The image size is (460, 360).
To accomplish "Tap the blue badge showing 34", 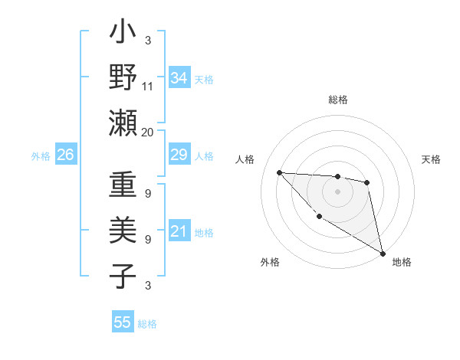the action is tap(179, 77).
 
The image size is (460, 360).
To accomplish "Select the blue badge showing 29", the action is tap(179, 155).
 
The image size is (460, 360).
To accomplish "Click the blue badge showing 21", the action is tap(179, 231).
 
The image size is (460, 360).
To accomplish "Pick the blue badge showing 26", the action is tap(65, 155).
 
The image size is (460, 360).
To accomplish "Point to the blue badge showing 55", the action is tap(123, 322).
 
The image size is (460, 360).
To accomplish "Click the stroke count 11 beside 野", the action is tap(148, 87).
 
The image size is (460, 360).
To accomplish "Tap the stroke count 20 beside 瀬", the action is tap(148, 132).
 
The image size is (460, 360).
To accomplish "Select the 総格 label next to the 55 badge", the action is tap(147, 323).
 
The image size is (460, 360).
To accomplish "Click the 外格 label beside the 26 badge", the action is tap(41, 155).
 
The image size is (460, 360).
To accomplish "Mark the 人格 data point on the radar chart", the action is tap(279, 172).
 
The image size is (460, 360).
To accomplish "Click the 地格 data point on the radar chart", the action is tap(383, 254).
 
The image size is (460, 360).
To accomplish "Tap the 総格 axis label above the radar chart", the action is tap(337, 100).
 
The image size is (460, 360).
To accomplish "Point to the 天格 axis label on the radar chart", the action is tap(431, 159).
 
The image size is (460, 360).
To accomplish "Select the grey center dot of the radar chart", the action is tap(337, 191).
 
